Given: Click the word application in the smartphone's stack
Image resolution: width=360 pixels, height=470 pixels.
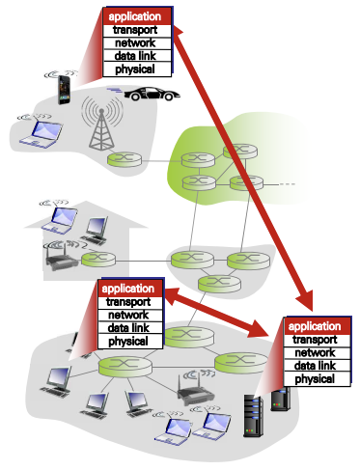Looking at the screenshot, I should [x=135, y=17].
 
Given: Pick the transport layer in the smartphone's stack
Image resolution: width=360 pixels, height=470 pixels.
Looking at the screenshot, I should [x=135, y=31].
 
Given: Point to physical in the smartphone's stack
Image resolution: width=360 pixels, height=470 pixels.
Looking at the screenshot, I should [x=135, y=69].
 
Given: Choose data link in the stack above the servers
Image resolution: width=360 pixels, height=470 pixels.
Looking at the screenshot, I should [x=316, y=366].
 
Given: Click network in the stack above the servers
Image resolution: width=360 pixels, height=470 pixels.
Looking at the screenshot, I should [x=316, y=352].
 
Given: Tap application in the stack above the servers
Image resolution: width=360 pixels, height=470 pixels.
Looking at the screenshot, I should [x=316, y=326].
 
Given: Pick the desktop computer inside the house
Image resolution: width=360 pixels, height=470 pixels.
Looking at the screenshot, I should [x=97, y=230].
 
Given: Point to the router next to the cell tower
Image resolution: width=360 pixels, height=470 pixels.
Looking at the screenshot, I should [x=123, y=159].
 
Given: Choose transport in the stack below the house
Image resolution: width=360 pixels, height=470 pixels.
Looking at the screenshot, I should [x=128, y=302].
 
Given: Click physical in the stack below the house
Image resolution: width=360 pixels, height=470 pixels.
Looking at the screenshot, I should [x=128, y=341].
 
